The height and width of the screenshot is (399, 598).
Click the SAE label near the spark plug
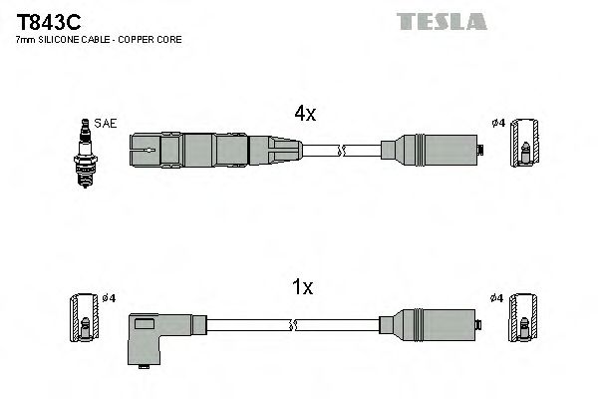(x=108, y=123)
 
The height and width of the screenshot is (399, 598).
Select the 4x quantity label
(x=305, y=115)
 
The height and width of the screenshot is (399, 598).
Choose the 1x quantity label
(x=303, y=288)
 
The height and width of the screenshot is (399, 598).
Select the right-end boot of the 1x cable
(x=431, y=325)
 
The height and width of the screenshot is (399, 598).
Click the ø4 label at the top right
(x=498, y=123)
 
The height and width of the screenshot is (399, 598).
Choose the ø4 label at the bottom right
(x=498, y=297)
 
